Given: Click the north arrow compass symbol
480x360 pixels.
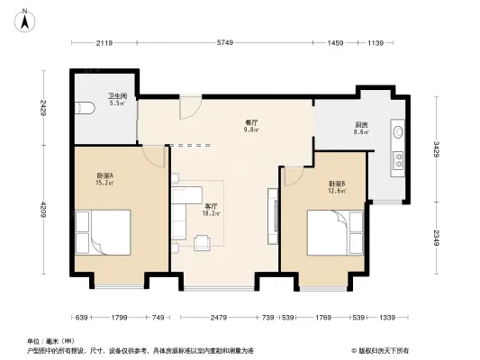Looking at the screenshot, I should point(27,14).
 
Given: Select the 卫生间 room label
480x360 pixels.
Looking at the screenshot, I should point(117,97).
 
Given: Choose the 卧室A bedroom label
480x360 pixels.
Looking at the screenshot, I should point(105,176).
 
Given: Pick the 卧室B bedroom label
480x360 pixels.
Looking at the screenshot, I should point(337,184).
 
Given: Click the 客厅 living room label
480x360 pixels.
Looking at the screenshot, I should point(210,206).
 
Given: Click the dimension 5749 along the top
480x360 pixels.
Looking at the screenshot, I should point(224,43).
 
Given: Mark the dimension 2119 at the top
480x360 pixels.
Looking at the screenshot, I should point(104,43).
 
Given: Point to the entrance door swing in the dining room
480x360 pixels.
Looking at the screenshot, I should point(188,107).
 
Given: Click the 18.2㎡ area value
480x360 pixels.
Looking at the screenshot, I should point(210,214).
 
